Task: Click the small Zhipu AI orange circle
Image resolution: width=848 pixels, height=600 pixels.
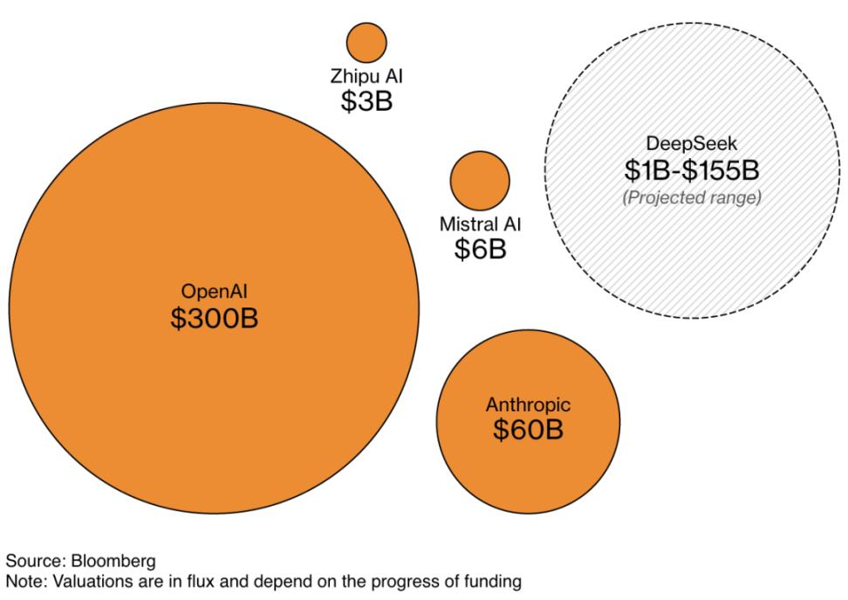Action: click(x=366, y=42)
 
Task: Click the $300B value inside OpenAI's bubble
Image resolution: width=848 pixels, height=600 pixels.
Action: click(x=215, y=318)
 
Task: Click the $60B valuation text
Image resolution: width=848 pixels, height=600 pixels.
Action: click(x=528, y=430)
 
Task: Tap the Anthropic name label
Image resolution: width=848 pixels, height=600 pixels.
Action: click(x=528, y=404)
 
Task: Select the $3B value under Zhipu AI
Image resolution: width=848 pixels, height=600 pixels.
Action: click(x=366, y=101)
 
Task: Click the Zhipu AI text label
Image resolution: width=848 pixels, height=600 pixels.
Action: click(x=366, y=77)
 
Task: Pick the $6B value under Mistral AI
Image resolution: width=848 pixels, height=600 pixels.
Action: click(x=480, y=249)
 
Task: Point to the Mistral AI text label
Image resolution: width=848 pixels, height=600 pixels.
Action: click(x=480, y=224)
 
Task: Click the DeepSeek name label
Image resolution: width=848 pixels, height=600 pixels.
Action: click(x=692, y=141)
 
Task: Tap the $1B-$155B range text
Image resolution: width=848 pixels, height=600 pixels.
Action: click(x=692, y=170)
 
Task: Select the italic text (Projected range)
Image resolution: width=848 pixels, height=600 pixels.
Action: click(x=692, y=198)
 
